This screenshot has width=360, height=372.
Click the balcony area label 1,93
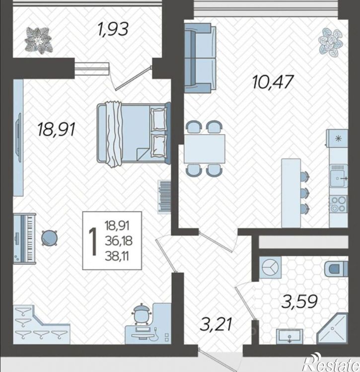pyautogui.click(x=113, y=29)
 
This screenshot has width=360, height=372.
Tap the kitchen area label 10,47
pyautogui.click(x=273, y=82)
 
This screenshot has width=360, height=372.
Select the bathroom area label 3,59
pyautogui.click(x=299, y=302)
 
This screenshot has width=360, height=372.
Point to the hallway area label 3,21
pyautogui.click(x=216, y=324)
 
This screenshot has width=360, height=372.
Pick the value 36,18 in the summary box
pyautogui.click(x=119, y=241)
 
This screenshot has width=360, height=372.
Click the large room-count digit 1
pyautogui.click(x=93, y=241)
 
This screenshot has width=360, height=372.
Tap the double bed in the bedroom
pyautogui.click(x=134, y=133)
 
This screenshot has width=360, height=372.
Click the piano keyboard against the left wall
pyautogui.click(x=24, y=238)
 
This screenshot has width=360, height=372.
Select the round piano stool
pyautogui.click(x=49, y=238)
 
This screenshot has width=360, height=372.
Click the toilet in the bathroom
pyautogui.click(x=336, y=269)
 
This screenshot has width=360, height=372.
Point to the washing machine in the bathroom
pyautogui.click(x=270, y=267)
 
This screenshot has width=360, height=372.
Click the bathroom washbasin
pyautogui.click(x=289, y=336)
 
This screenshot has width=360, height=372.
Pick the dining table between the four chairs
pyautogui.click(x=205, y=149)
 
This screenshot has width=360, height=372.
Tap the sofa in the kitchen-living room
pyautogui.click(x=200, y=58)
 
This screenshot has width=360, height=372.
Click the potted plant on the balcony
pyautogui.click(x=39, y=40)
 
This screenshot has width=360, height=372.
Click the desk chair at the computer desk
pyautogui.click(x=142, y=314)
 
